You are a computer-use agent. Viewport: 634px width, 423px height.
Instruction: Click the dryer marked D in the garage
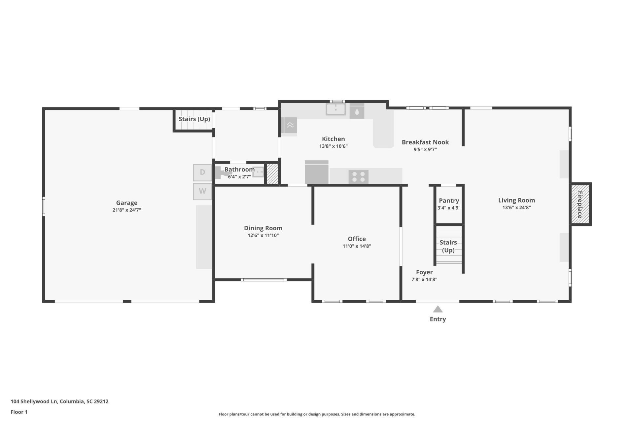(x=202, y=173)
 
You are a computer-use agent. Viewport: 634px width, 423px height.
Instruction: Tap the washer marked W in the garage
(x=202, y=191)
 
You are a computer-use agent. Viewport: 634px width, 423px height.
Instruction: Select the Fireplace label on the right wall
(x=580, y=205)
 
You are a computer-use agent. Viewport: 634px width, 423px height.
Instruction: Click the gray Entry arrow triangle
(x=438, y=309)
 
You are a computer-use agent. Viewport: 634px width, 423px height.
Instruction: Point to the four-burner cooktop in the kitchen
(x=359, y=176)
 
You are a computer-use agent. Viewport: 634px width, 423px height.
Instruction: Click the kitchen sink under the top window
(x=336, y=109)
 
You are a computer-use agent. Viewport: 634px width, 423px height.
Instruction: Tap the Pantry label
(x=449, y=201)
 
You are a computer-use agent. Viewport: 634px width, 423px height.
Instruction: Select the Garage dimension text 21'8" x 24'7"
(x=127, y=210)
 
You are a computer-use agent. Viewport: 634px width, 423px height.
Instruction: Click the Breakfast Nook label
(x=425, y=142)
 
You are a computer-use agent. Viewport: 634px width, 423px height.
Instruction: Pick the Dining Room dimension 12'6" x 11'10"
(x=263, y=235)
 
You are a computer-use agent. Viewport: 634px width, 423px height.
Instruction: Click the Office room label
(x=357, y=239)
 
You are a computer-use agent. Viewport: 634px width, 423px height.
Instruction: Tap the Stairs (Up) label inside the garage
(x=194, y=119)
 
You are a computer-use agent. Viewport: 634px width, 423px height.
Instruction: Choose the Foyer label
(x=424, y=272)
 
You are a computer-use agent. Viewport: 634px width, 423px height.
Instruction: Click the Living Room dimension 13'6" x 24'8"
(x=516, y=208)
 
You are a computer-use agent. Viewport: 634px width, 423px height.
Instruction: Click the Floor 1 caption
(x=19, y=412)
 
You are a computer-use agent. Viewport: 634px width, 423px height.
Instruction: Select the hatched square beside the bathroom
(x=272, y=174)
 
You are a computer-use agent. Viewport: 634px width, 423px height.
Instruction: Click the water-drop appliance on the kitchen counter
(x=357, y=111)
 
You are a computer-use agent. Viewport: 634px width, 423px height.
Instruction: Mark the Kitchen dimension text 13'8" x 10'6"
(x=334, y=146)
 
